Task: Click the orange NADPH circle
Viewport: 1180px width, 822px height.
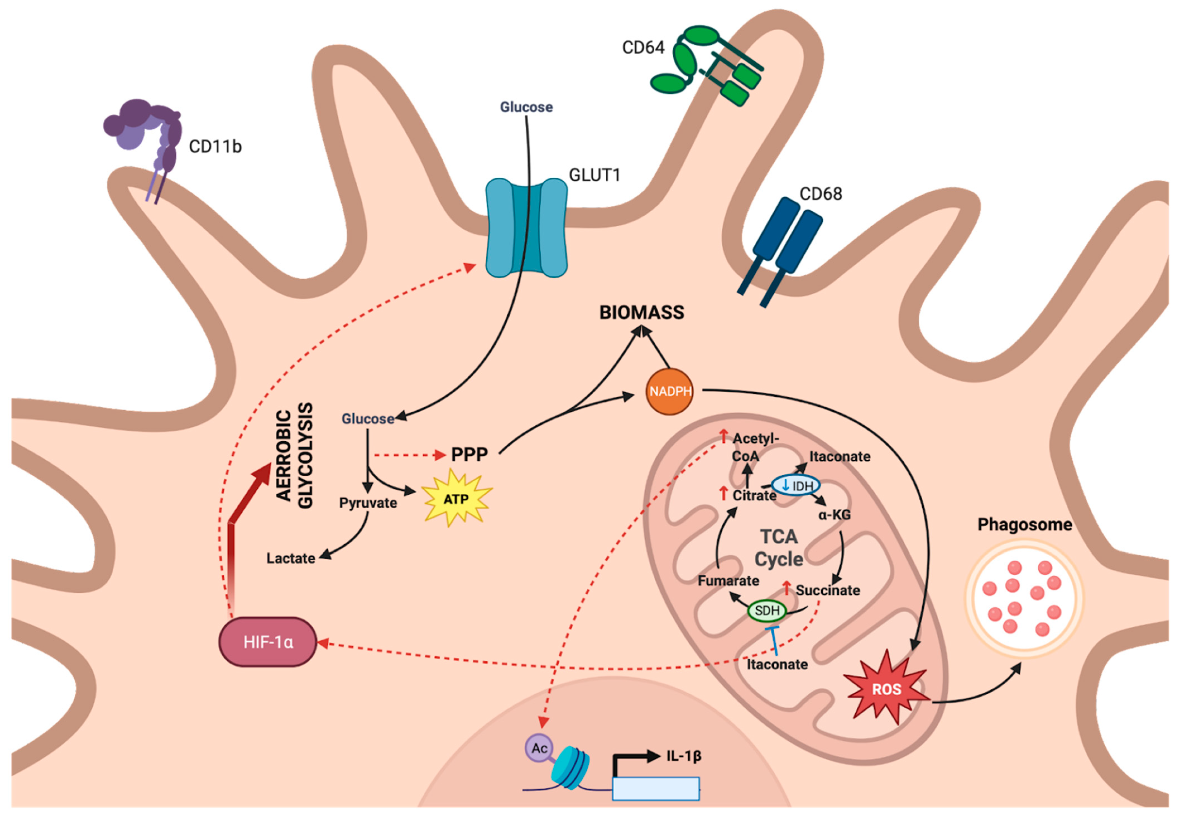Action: point(670,391)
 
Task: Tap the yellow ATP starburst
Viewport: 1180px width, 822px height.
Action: point(455,498)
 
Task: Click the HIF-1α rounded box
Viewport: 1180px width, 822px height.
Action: point(268,642)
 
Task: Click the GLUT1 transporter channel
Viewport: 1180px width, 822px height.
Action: point(527,227)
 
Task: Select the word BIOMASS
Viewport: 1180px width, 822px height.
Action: point(642,312)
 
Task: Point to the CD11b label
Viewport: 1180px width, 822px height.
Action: point(215,146)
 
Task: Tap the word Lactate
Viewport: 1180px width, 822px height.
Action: point(291,558)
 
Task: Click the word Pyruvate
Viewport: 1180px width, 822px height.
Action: point(368,503)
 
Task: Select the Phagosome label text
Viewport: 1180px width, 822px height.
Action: point(1025,525)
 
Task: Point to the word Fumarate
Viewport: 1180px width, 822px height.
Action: point(728,581)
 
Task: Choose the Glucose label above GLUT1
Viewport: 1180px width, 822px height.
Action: point(526,107)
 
